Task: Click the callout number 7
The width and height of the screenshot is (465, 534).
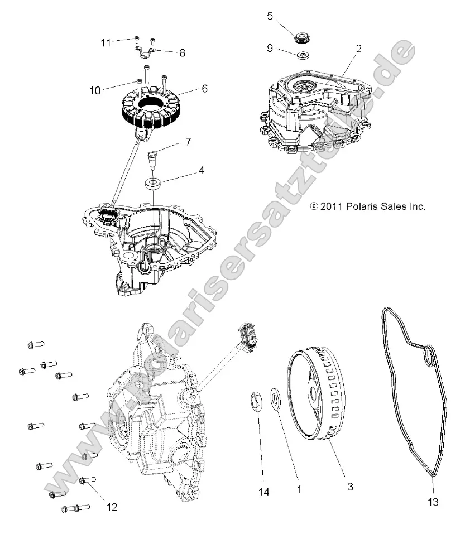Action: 188,142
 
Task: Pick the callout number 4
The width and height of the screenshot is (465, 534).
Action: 200,170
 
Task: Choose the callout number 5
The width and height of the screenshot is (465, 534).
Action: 270,16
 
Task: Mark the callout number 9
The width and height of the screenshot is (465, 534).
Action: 270,49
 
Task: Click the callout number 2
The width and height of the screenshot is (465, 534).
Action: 358,49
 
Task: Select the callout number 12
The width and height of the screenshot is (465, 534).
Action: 112,507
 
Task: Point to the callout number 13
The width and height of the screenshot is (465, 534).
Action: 433,502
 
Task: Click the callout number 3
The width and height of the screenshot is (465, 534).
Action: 350,487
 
